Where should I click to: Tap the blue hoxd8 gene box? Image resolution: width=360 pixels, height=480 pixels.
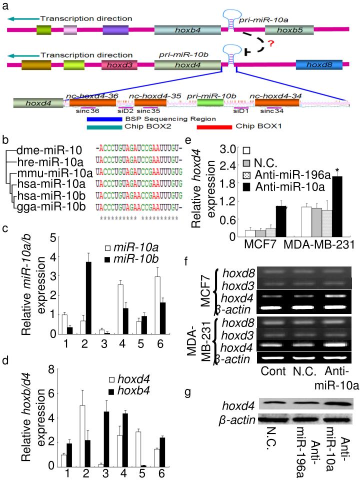(319, 64)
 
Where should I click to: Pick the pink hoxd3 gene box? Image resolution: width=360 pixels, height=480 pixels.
(116, 64)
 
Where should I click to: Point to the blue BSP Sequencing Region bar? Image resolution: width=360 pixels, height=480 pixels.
(104, 119)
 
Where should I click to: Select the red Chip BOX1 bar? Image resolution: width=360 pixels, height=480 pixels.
(213, 126)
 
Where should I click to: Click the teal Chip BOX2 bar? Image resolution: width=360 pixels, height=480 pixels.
(104, 126)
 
